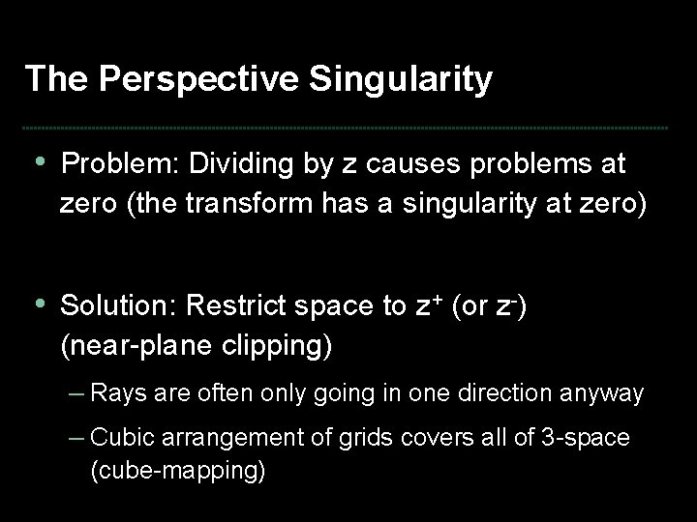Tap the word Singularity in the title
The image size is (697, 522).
point(400,79)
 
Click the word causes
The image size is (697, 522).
point(385,164)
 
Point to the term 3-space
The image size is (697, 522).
point(585,438)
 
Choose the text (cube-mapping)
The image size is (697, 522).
point(177,473)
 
